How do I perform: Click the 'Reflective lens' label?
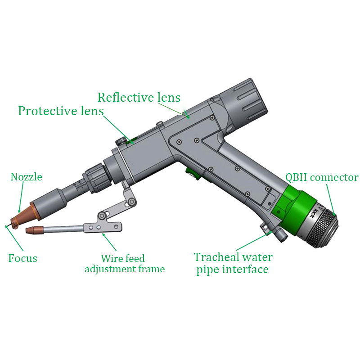(x=139, y=97)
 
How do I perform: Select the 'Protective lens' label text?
(x=61, y=111)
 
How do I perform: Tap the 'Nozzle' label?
(x=27, y=177)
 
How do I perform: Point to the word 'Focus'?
(x=22, y=258)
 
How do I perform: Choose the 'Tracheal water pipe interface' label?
(x=233, y=263)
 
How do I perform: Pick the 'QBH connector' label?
(x=322, y=177)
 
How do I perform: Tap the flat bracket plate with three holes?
(x=101, y=227)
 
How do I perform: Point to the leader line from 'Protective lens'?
(x=118, y=128)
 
